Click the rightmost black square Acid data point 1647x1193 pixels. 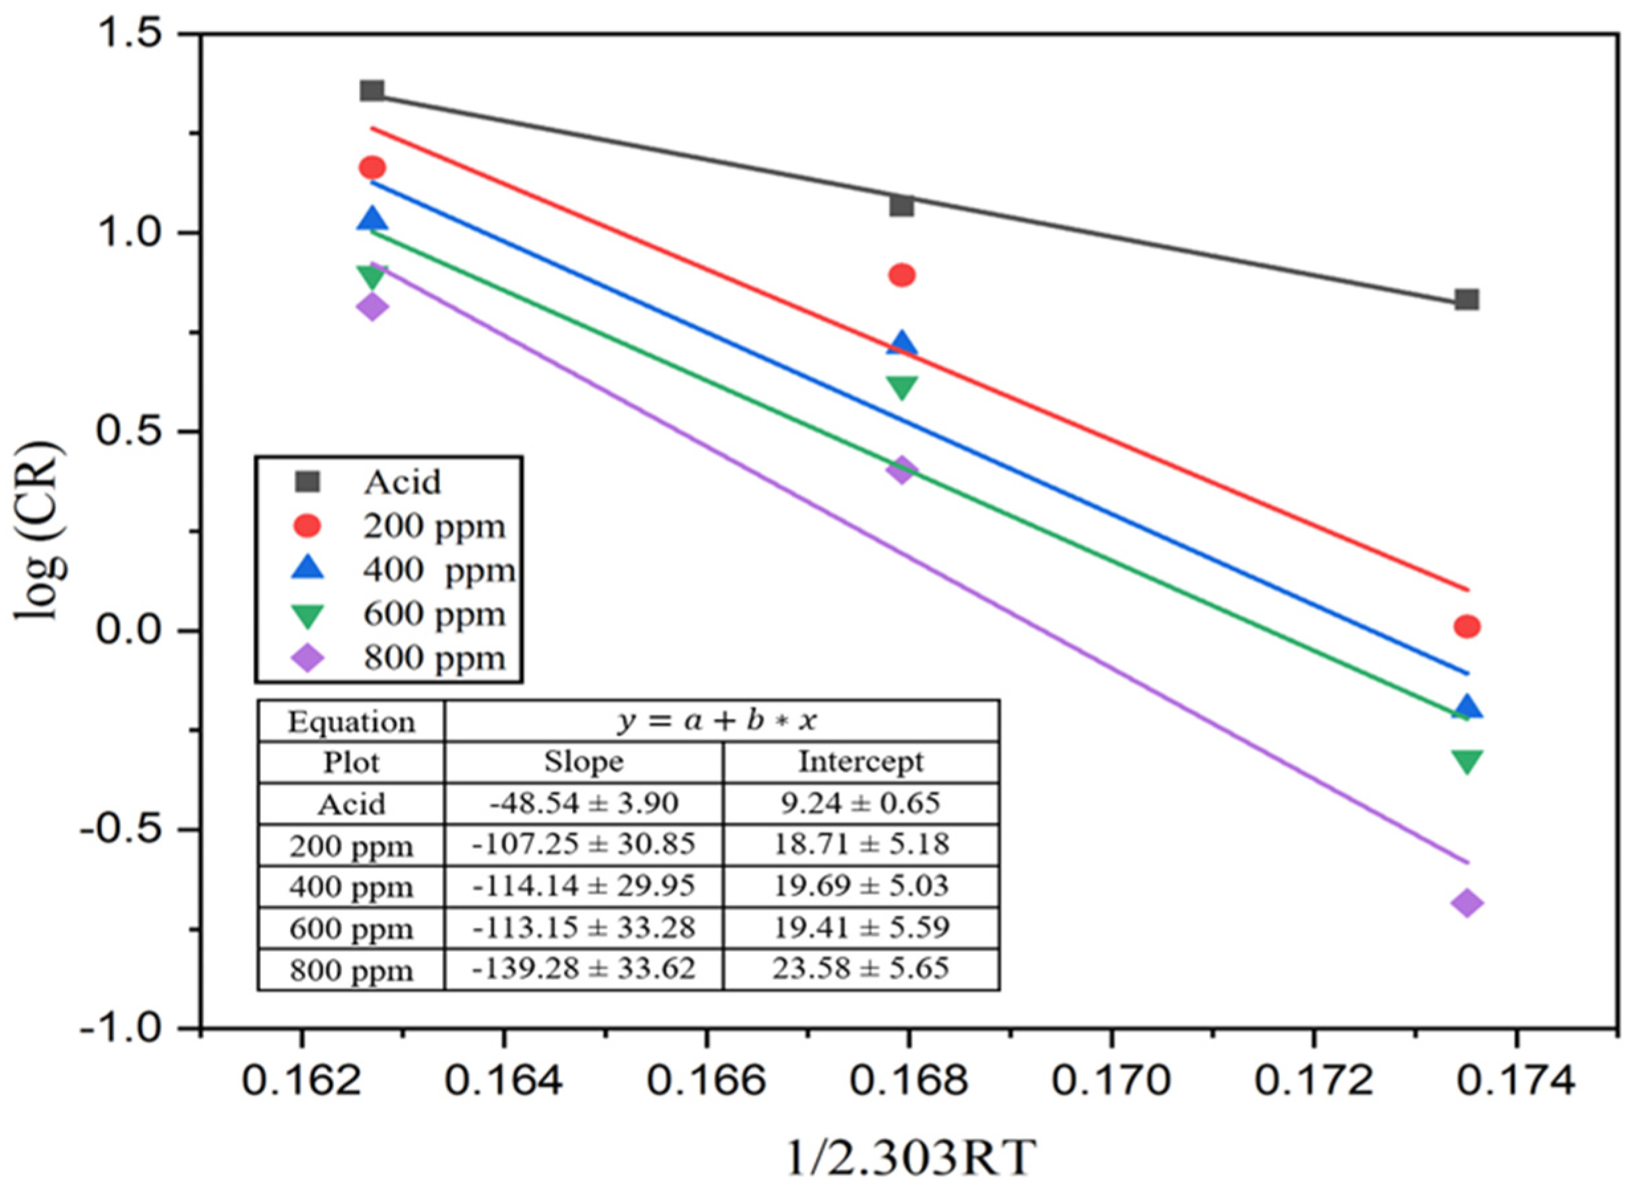[x=1466, y=299]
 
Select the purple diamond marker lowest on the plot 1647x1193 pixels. [x=1466, y=903]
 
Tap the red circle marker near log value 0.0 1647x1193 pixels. [x=1466, y=626]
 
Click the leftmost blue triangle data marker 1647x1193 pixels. [x=372, y=218]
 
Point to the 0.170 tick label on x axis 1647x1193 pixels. [x=1111, y=1080]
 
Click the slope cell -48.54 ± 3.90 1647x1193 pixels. [x=583, y=803]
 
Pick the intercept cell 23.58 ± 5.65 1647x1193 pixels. [x=860, y=969]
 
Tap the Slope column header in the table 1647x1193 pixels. [x=583, y=762]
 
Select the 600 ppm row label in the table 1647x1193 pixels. [x=351, y=928]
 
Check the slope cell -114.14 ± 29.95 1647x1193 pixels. [x=583, y=886]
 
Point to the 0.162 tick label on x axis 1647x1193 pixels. [x=301, y=1080]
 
